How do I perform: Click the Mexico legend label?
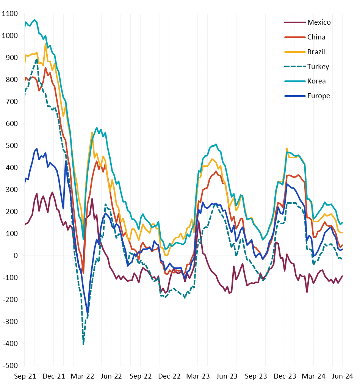(319, 22)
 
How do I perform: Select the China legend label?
(316, 37)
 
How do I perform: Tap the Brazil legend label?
(316, 52)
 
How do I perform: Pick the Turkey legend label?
(318, 67)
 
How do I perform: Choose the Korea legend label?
(316, 81)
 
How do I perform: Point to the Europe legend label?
(318, 96)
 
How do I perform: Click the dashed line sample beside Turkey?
(295, 67)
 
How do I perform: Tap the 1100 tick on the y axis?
(10, 14)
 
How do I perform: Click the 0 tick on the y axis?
(16, 256)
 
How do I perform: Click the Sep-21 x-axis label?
(25, 376)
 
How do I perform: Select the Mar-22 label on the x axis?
(83, 376)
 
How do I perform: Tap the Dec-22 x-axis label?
(169, 376)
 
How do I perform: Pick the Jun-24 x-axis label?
(342, 376)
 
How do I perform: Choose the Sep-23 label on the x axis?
(256, 376)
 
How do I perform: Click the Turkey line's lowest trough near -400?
(83, 344)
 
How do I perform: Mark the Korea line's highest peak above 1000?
(35, 20)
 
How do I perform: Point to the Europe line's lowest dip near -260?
(88, 313)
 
